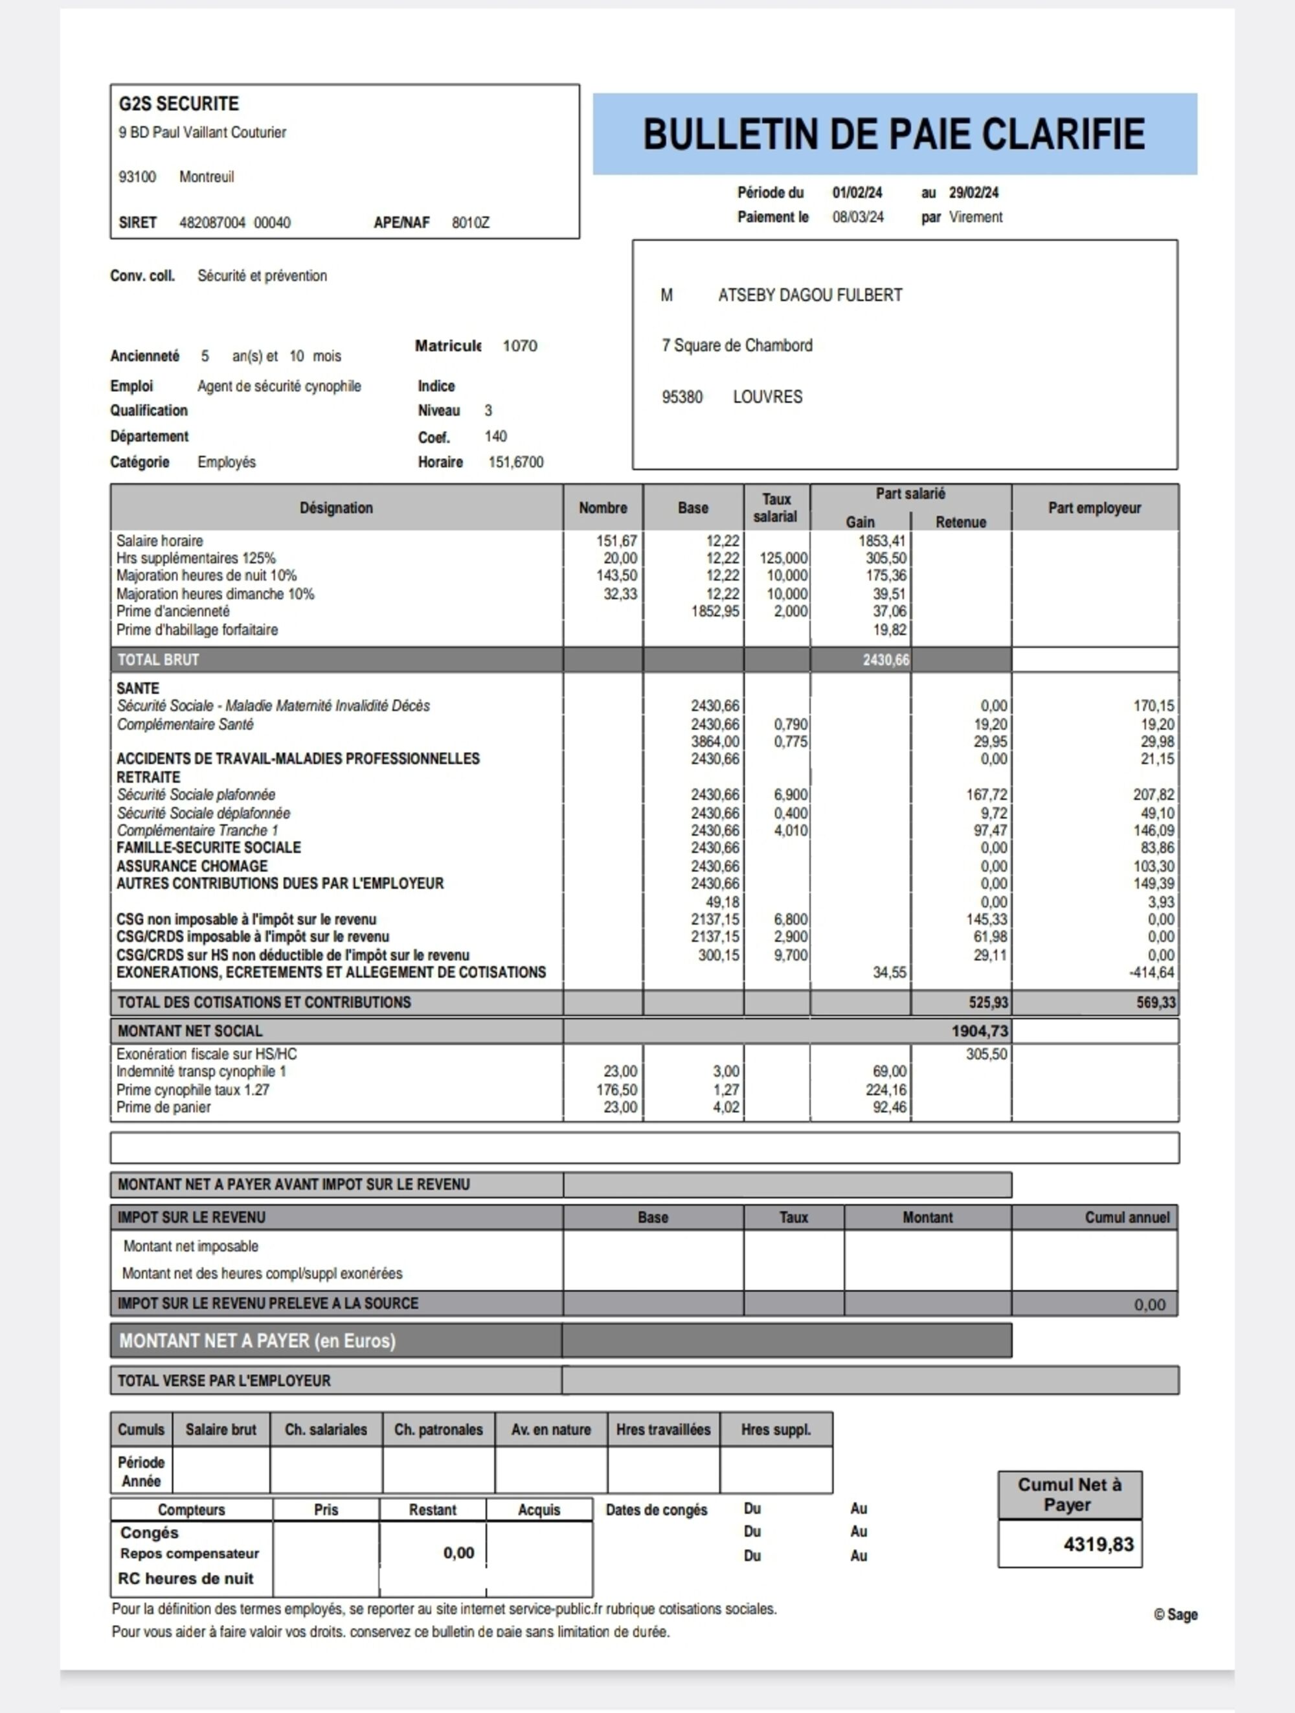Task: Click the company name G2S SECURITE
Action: (x=179, y=104)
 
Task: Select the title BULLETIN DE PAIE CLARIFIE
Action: (x=894, y=134)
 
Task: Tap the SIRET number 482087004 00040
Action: (x=234, y=223)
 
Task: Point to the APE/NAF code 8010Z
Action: (x=471, y=223)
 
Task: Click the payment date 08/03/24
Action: (x=858, y=218)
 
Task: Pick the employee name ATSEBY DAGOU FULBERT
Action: (x=809, y=295)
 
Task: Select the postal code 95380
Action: (x=682, y=397)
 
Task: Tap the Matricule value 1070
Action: (x=519, y=346)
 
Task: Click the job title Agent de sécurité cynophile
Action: (x=278, y=386)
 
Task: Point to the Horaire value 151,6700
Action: (x=515, y=463)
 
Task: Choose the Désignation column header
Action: (x=336, y=508)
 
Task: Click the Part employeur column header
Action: (x=1094, y=508)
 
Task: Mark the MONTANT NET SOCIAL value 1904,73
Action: (x=979, y=1031)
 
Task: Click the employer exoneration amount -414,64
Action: (x=1151, y=972)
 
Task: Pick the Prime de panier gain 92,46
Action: (x=888, y=1107)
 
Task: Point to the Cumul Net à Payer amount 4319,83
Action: (x=1098, y=1545)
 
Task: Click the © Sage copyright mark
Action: (x=1175, y=1615)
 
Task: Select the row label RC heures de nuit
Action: (x=186, y=1579)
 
